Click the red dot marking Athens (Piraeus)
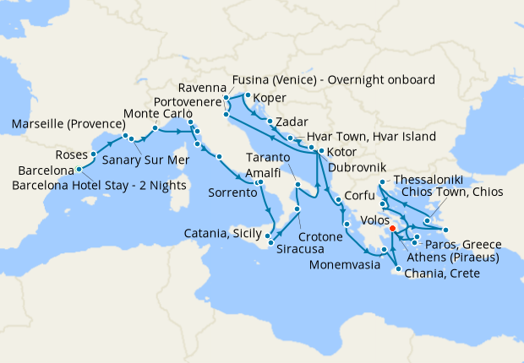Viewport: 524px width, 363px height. click(x=392, y=226)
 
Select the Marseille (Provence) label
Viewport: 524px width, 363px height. click(x=67, y=125)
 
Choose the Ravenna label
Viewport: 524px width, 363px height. click(x=203, y=89)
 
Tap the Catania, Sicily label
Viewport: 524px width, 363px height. click(x=223, y=234)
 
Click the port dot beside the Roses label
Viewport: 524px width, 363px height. click(x=92, y=154)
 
